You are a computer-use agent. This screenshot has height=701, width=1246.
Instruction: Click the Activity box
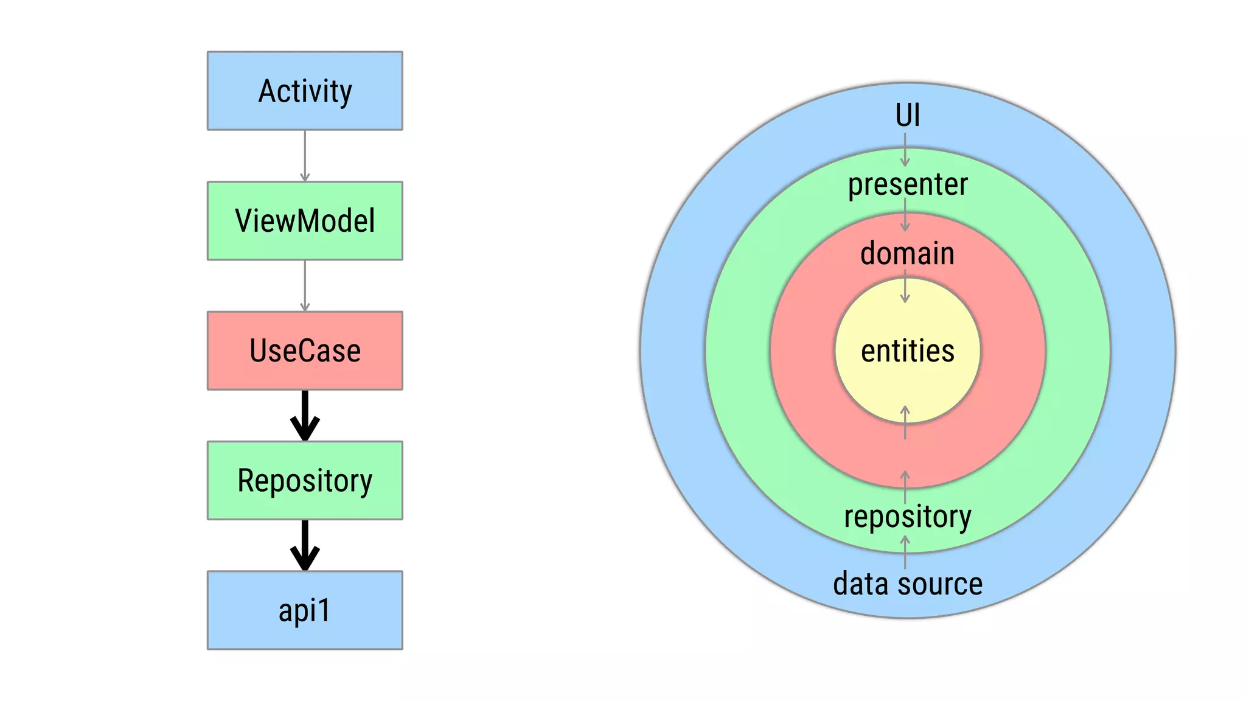[305, 91]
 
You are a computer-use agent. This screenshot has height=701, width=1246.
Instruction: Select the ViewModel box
[305, 221]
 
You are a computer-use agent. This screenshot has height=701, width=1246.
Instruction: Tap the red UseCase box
[305, 350]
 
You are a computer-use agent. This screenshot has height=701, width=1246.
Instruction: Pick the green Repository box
[305, 480]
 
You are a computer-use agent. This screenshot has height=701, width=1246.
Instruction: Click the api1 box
[305, 610]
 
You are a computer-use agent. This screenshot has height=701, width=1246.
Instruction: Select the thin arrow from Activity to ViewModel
[305, 156]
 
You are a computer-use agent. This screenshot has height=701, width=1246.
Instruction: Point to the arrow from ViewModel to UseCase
[305, 286]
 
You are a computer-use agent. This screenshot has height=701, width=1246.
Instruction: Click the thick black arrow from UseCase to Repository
[305, 416]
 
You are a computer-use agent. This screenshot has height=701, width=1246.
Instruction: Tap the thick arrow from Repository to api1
[305, 545]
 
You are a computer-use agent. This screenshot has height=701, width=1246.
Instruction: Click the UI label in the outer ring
[907, 115]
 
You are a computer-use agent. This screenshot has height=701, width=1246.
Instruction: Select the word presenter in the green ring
[907, 184]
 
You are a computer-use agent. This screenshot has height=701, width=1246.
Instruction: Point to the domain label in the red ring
[907, 253]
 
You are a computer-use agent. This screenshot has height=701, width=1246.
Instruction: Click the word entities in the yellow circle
[907, 351]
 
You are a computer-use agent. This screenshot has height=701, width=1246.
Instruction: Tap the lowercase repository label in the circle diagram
[907, 517]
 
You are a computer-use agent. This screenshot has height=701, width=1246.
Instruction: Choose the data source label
[907, 584]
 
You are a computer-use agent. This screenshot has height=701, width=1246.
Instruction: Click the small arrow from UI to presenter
[905, 150]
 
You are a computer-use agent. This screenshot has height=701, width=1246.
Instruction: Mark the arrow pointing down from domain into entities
[905, 287]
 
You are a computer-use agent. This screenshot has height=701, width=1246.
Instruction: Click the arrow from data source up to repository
[905, 552]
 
